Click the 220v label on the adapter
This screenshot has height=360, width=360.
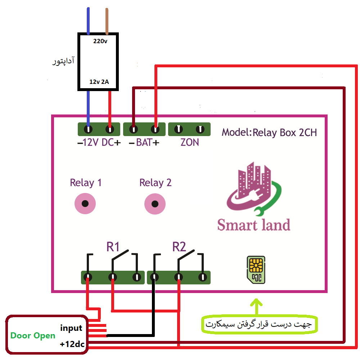pos(100,41)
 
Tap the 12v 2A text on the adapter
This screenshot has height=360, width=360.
pos(99,82)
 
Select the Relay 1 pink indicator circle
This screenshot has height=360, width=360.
pos(85,204)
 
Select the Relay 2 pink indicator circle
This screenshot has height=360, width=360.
pos(155,204)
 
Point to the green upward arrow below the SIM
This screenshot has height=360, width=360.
pos(257,306)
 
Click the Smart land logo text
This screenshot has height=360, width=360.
pos(254,225)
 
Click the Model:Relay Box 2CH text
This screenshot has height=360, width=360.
pos(269,132)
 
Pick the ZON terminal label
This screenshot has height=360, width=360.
pos(189,143)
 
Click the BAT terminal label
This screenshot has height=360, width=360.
pos(144,143)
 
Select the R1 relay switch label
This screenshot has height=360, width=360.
pos(113,247)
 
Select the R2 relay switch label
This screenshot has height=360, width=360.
pos(179,247)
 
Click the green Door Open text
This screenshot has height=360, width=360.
pos(33,336)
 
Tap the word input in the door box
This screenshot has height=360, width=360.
pos(71,328)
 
